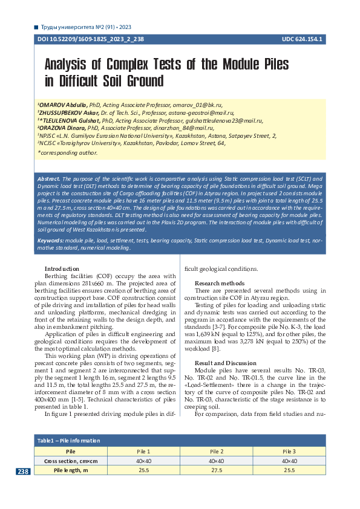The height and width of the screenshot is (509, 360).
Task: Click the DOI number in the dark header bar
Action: (x=91, y=39)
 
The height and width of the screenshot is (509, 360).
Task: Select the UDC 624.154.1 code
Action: (x=302, y=39)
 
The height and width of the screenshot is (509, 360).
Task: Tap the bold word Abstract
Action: (x=49, y=179)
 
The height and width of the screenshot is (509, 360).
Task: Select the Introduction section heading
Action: (x=62, y=268)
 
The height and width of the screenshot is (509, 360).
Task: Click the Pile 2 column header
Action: (x=217, y=452)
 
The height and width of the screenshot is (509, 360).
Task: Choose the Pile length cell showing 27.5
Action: (x=217, y=470)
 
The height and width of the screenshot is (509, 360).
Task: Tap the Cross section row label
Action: (x=70, y=461)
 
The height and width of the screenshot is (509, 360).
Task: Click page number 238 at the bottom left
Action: (x=23, y=472)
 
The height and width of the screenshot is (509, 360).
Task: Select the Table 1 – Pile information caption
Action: (x=68, y=441)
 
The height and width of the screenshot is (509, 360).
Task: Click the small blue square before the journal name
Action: (x=36, y=27)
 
